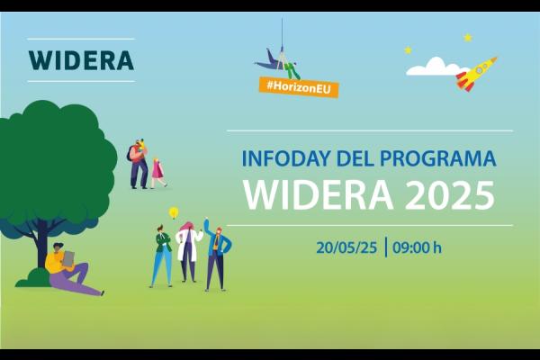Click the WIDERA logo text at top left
[81, 60]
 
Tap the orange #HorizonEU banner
[297, 86]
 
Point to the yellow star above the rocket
[468, 38]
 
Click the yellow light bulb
[174, 213]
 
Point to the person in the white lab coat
[189, 251]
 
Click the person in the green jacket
[162, 256]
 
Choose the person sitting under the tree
[68, 269]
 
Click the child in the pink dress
[158, 172]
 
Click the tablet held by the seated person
[68, 260]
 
